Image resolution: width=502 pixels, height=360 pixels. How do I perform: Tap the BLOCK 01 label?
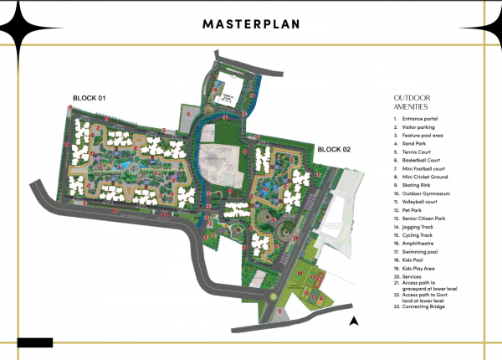(x=88, y=99)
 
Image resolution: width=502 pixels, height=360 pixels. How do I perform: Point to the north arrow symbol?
(x=354, y=320)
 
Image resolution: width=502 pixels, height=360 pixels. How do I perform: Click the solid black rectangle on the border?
(x=34, y=342)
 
